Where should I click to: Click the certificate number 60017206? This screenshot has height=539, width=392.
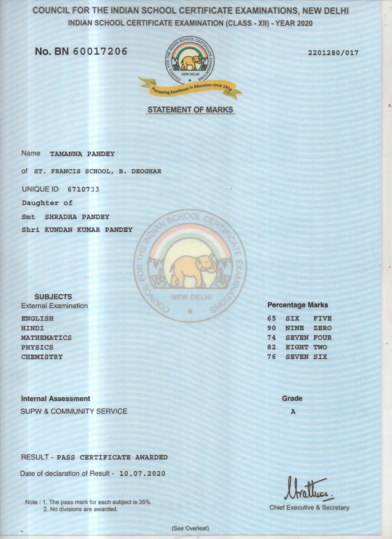pos(100,52)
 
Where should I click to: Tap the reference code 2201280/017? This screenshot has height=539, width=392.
pos(333,53)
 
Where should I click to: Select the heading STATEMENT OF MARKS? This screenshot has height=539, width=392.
pos(190,110)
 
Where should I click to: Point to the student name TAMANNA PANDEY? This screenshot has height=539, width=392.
pos(82,154)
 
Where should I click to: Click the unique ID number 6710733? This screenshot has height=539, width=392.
pos(83,189)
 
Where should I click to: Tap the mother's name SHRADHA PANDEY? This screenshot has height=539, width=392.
pos(77,217)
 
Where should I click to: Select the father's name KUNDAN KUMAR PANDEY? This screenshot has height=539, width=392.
pos(89,230)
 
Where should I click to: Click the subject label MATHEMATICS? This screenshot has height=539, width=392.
pos(46,338)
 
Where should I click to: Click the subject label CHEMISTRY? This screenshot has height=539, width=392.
pos(42,357)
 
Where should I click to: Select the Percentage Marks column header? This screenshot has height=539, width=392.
pos(298,305)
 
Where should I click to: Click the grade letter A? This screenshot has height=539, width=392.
pos(293,412)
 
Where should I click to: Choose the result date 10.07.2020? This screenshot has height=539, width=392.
pos(142,474)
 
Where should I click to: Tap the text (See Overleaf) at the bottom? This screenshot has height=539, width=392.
pos(190,528)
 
